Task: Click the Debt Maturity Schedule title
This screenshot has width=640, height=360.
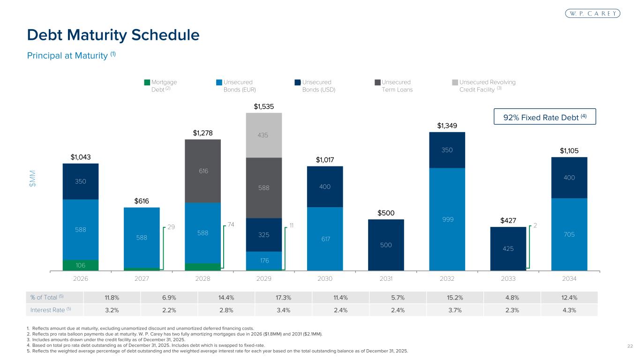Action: (113, 35)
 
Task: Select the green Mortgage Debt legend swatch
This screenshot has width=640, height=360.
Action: (147, 82)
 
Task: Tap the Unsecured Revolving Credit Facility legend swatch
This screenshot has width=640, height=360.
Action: (455, 82)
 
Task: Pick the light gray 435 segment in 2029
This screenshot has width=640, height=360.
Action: (264, 135)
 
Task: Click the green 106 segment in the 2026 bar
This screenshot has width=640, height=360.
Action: (81, 265)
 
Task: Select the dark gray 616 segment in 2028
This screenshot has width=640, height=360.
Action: (203, 171)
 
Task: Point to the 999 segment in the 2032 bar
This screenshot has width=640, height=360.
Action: (447, 219)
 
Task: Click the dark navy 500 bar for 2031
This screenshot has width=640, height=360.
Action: (386, 245)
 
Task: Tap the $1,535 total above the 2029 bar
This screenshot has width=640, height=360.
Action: (264, 106)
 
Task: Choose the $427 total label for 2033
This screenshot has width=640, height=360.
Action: (508, 220)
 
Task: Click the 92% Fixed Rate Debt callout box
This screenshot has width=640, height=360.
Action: (545, 117)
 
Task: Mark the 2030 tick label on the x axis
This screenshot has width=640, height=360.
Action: (325, 278)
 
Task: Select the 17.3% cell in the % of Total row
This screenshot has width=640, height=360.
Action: (264, 297)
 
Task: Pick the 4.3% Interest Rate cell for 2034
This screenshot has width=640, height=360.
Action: (569, 309)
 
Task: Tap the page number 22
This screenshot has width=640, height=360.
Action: (630, 346)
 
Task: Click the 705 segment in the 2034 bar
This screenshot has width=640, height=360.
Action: (569, 234)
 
